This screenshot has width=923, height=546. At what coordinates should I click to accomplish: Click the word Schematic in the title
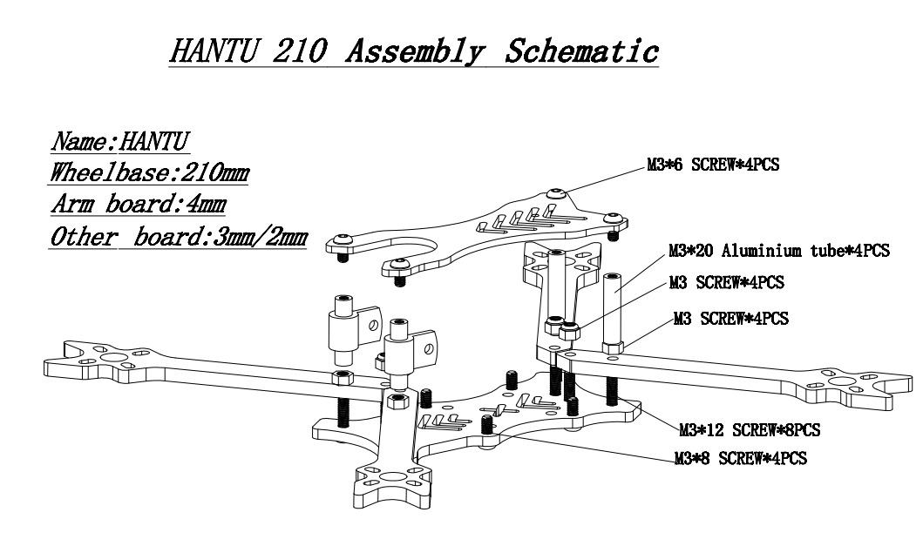point(581,51)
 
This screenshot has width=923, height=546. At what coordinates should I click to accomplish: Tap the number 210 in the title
point(299,51)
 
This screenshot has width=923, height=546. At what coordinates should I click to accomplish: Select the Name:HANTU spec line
point(120,142)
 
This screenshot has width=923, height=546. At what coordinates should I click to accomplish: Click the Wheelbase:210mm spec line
point(149,173)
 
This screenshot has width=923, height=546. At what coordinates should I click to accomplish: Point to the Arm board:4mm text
point(139,204)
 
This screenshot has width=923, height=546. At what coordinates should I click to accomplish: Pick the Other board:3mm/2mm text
point(179,237)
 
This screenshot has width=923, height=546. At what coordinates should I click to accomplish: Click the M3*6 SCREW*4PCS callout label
point(713,165)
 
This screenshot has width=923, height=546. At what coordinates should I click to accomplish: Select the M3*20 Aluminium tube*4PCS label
point(779,251)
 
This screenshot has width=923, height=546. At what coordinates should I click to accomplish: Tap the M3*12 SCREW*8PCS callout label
point(750,430)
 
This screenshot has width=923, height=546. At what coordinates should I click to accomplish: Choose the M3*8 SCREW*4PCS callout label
point(741,458)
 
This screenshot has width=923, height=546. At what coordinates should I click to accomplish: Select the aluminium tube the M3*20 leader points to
point(612,312)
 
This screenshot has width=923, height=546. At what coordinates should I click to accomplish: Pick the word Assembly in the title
point(416,51)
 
